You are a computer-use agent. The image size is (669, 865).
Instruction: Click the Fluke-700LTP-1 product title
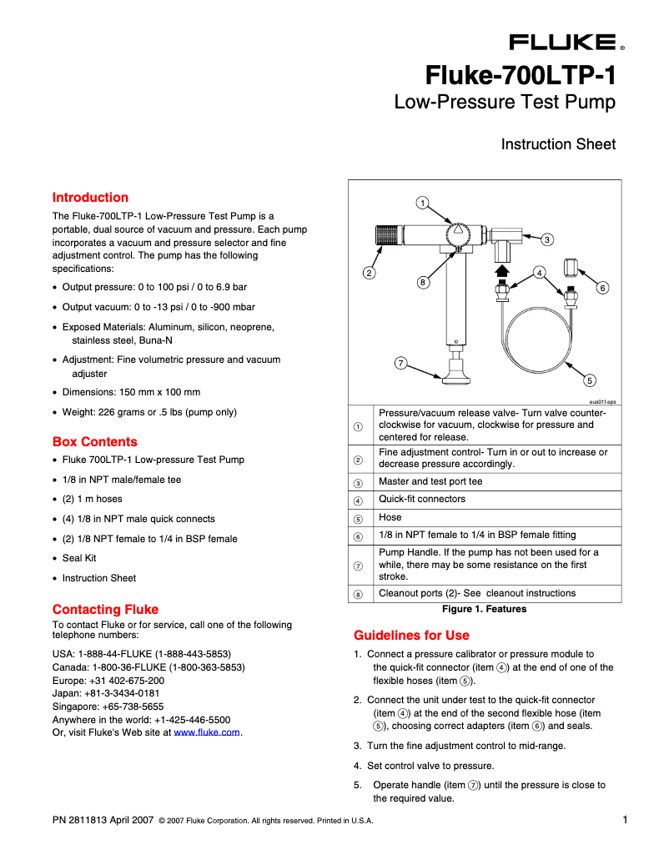(x=521, y=77)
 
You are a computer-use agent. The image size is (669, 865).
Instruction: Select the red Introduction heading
(x=90, y=198)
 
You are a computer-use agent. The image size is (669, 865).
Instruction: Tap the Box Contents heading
(x=94, y=442)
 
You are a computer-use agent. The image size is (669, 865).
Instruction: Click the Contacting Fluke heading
(x=105, y=609)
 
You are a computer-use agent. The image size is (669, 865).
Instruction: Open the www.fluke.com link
(x=207, y=732)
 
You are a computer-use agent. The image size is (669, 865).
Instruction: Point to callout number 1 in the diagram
(x=423, y=203)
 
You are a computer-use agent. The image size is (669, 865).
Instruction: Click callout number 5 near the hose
(x=590, y=380)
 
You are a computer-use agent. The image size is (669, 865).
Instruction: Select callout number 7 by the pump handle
(x=401, y=363)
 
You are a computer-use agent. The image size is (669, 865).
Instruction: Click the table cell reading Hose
(x=390, y=517)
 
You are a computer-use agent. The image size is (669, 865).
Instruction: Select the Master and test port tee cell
(x=430, y=481)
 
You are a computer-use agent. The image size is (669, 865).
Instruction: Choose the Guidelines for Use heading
(x=411, y=635)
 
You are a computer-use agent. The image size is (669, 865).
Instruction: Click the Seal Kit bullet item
(x=79, y=558)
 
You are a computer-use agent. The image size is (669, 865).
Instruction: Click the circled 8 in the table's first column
(x=358, y=594)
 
